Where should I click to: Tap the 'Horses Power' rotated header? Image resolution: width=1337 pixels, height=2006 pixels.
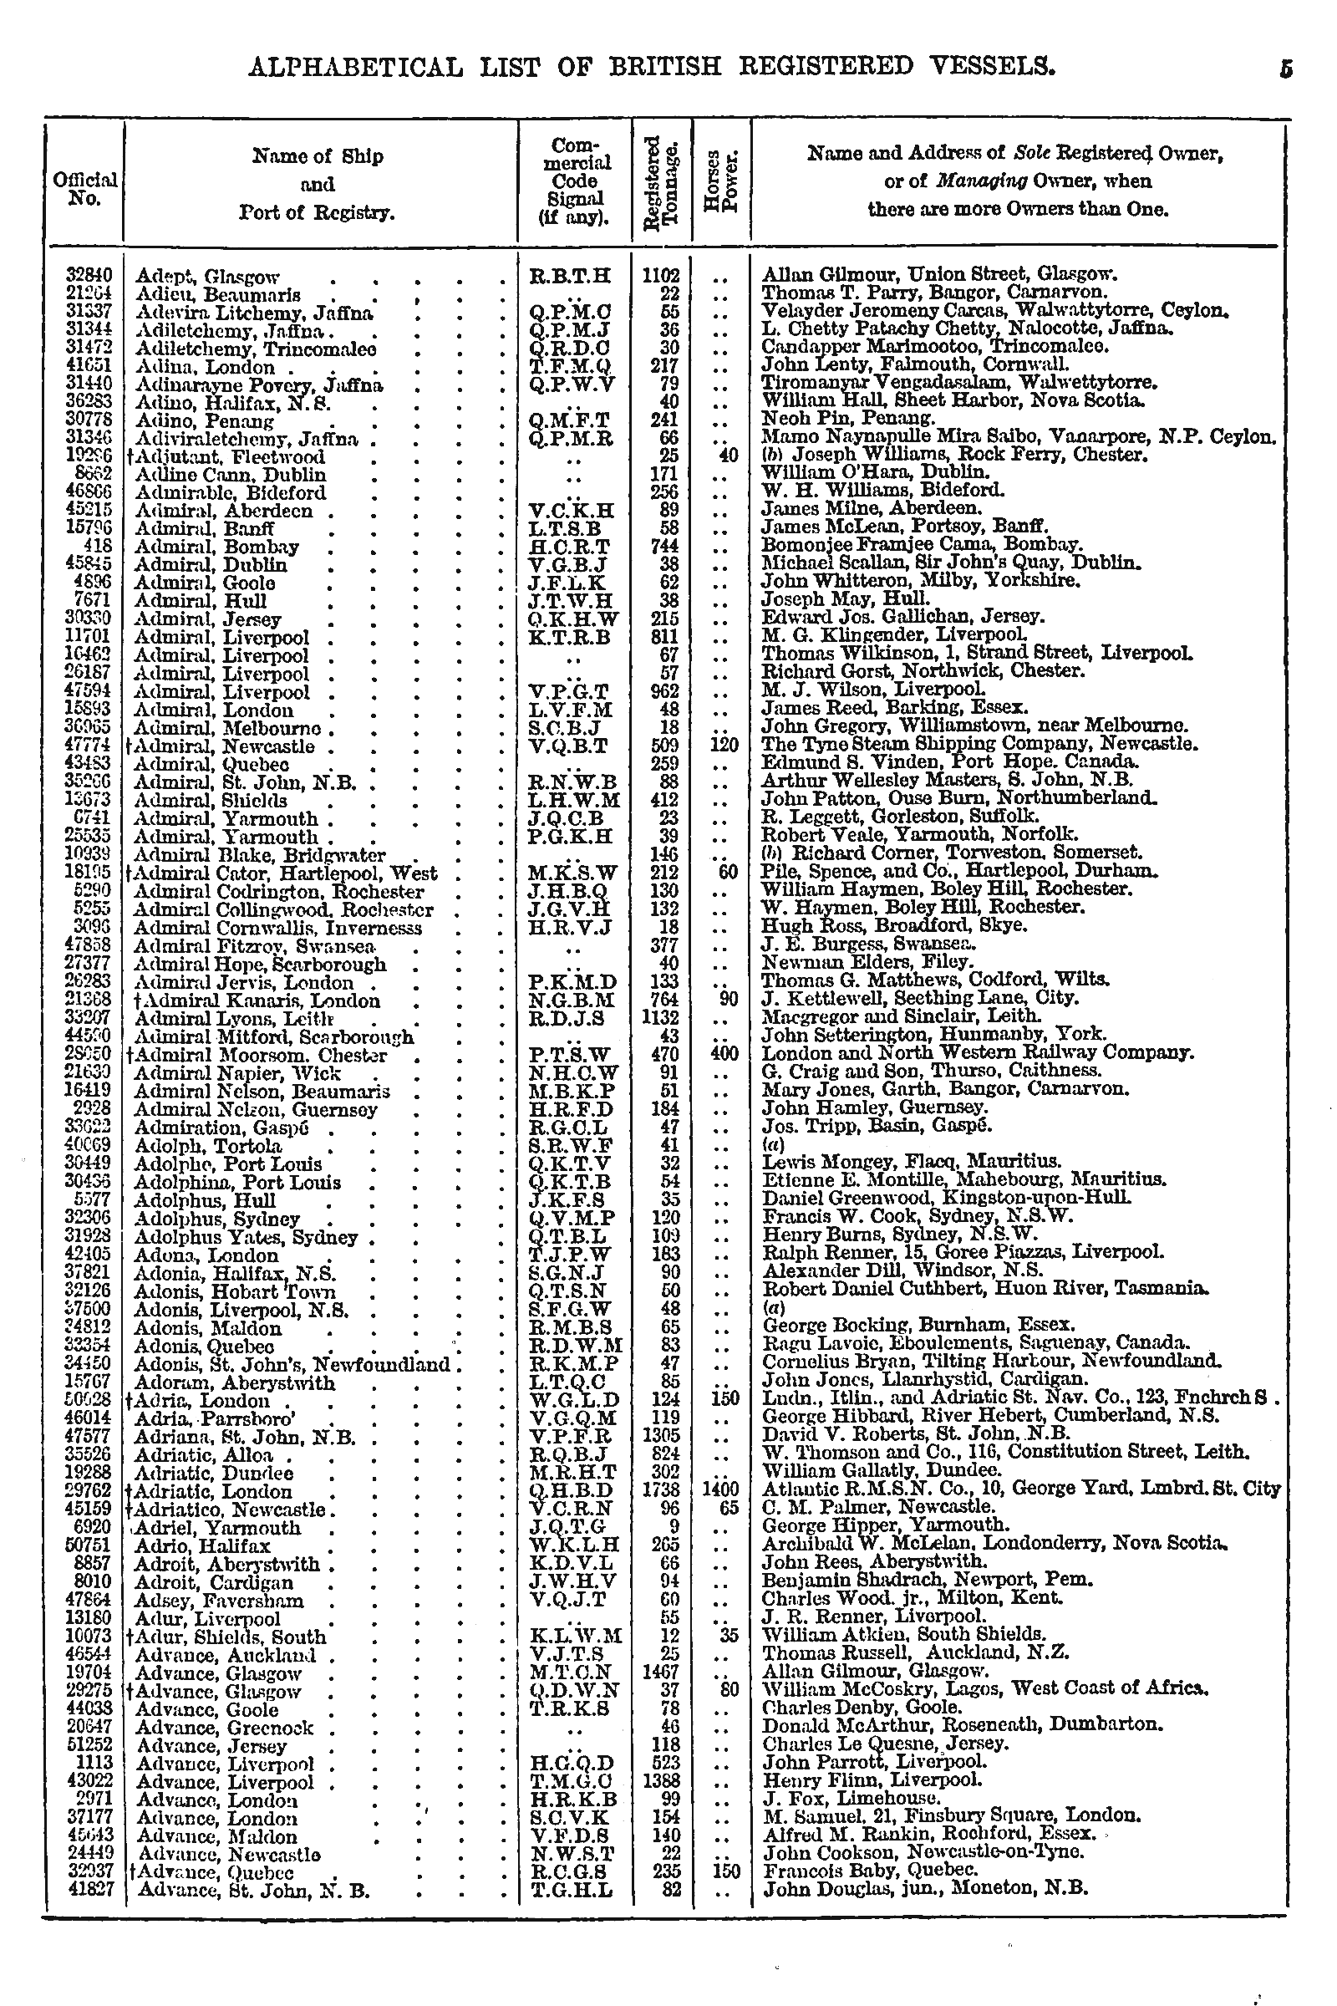pos(721,181)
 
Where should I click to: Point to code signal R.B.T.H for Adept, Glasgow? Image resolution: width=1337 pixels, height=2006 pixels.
pos(571,276)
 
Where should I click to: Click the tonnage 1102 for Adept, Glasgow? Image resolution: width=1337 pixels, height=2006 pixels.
pos(661,276)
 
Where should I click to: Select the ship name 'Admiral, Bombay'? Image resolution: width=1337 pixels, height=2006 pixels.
pos(216,547)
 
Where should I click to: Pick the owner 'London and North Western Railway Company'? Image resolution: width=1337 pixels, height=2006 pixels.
pos(975,1054)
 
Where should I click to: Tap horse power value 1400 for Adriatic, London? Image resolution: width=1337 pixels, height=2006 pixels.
pos(718,1490)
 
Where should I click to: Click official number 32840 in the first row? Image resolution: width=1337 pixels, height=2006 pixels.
pos(89,276)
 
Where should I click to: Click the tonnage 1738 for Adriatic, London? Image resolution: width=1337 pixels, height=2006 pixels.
pos(661,1490)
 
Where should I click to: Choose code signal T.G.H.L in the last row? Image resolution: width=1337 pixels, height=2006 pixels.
pos(571,1889)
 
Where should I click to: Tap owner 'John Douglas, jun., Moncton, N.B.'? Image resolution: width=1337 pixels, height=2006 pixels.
pos(925,1889)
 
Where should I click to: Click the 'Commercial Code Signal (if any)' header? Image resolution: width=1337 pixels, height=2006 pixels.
pos(574,181)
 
